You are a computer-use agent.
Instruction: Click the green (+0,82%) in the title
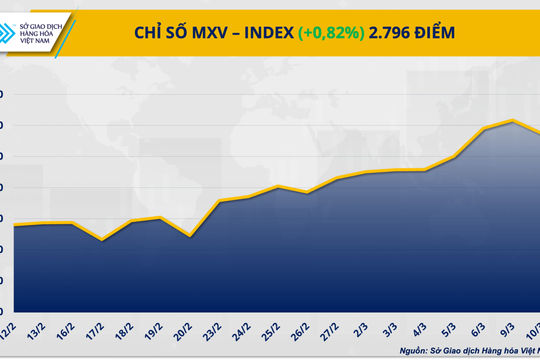click(x=331, y=34)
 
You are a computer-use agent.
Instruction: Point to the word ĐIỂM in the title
click(x=446, y=34)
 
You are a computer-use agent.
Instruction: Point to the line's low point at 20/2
click(x=190, y=236)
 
